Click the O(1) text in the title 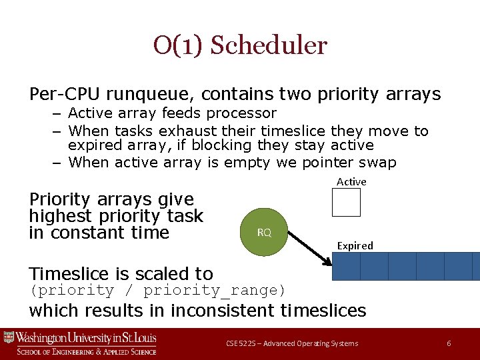179,46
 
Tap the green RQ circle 264,233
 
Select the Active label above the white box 351,182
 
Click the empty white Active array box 346,203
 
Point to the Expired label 355,246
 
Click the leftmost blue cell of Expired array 346,266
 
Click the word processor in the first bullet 243,113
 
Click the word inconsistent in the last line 225,311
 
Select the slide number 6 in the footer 449,343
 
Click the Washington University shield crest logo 9,338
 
